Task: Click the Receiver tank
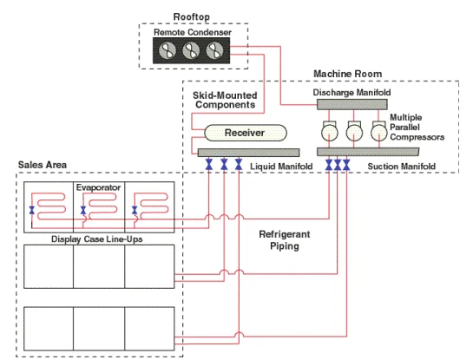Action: (x=246, y=133)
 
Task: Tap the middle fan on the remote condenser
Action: (x=191, y=50)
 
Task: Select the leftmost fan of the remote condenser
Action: (x=168, y=50)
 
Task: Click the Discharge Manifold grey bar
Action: (x=352, y=104)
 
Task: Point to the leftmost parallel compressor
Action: (x=330, y=133)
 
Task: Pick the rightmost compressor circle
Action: (x=379, y=133)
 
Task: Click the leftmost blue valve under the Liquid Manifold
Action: (x=209, y=165)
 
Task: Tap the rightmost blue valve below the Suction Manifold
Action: (x=346, y=165)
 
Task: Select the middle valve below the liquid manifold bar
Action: (x=224, y=165)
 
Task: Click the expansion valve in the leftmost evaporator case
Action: (x=31, y=210)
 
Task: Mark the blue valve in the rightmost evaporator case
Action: (x=135, y=210)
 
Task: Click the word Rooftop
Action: (x=192, y=16)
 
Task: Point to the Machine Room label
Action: (x=347, y=74)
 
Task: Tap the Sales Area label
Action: (x=43, y=165)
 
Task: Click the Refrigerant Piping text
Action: (x=285, y=240)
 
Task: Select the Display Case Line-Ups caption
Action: (x=97, y=239)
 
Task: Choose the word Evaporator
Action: (x=98, y=187)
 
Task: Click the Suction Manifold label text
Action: (x=402, y=167)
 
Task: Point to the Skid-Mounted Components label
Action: (x=225, y=100)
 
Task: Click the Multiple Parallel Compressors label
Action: (x=417, y=127)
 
